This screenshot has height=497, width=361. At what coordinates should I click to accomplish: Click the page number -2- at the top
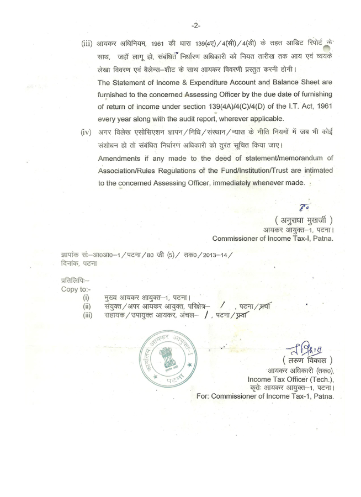click(195, 26)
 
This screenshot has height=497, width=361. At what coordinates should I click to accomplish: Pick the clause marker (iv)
click(85, 133)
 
